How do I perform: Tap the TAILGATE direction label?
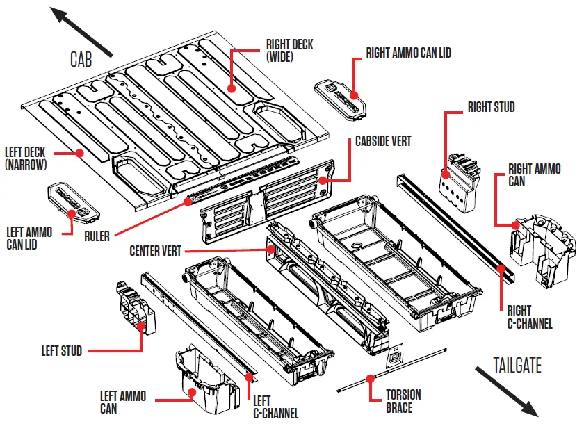pos(517,364)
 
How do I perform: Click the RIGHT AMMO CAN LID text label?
pos(408,53)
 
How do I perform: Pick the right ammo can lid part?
pos(340,97)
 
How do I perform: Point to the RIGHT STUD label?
pos(491,107)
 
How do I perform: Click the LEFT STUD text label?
pos(62,351)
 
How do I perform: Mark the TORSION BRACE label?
pos(403,401)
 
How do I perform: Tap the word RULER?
pos(96,236)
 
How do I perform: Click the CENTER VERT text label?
pos(155,250)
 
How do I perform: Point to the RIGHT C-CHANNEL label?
pos(529,317)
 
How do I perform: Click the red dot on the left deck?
pos(80,152)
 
